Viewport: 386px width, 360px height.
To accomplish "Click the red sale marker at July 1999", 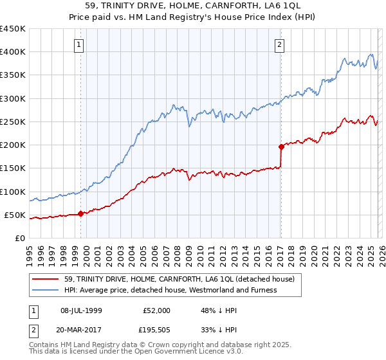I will point(80,214).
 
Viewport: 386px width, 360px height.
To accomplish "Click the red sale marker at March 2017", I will point(281,147).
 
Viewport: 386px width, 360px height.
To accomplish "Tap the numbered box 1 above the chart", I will point(78,44).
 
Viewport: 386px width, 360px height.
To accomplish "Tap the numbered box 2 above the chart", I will point(280,44).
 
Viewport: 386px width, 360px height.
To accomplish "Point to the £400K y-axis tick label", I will point(13,52).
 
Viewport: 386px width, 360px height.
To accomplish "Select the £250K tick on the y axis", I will point(13,122).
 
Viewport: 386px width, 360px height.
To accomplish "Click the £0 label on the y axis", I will point(20,238).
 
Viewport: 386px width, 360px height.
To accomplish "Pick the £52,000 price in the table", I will point(157,310).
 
